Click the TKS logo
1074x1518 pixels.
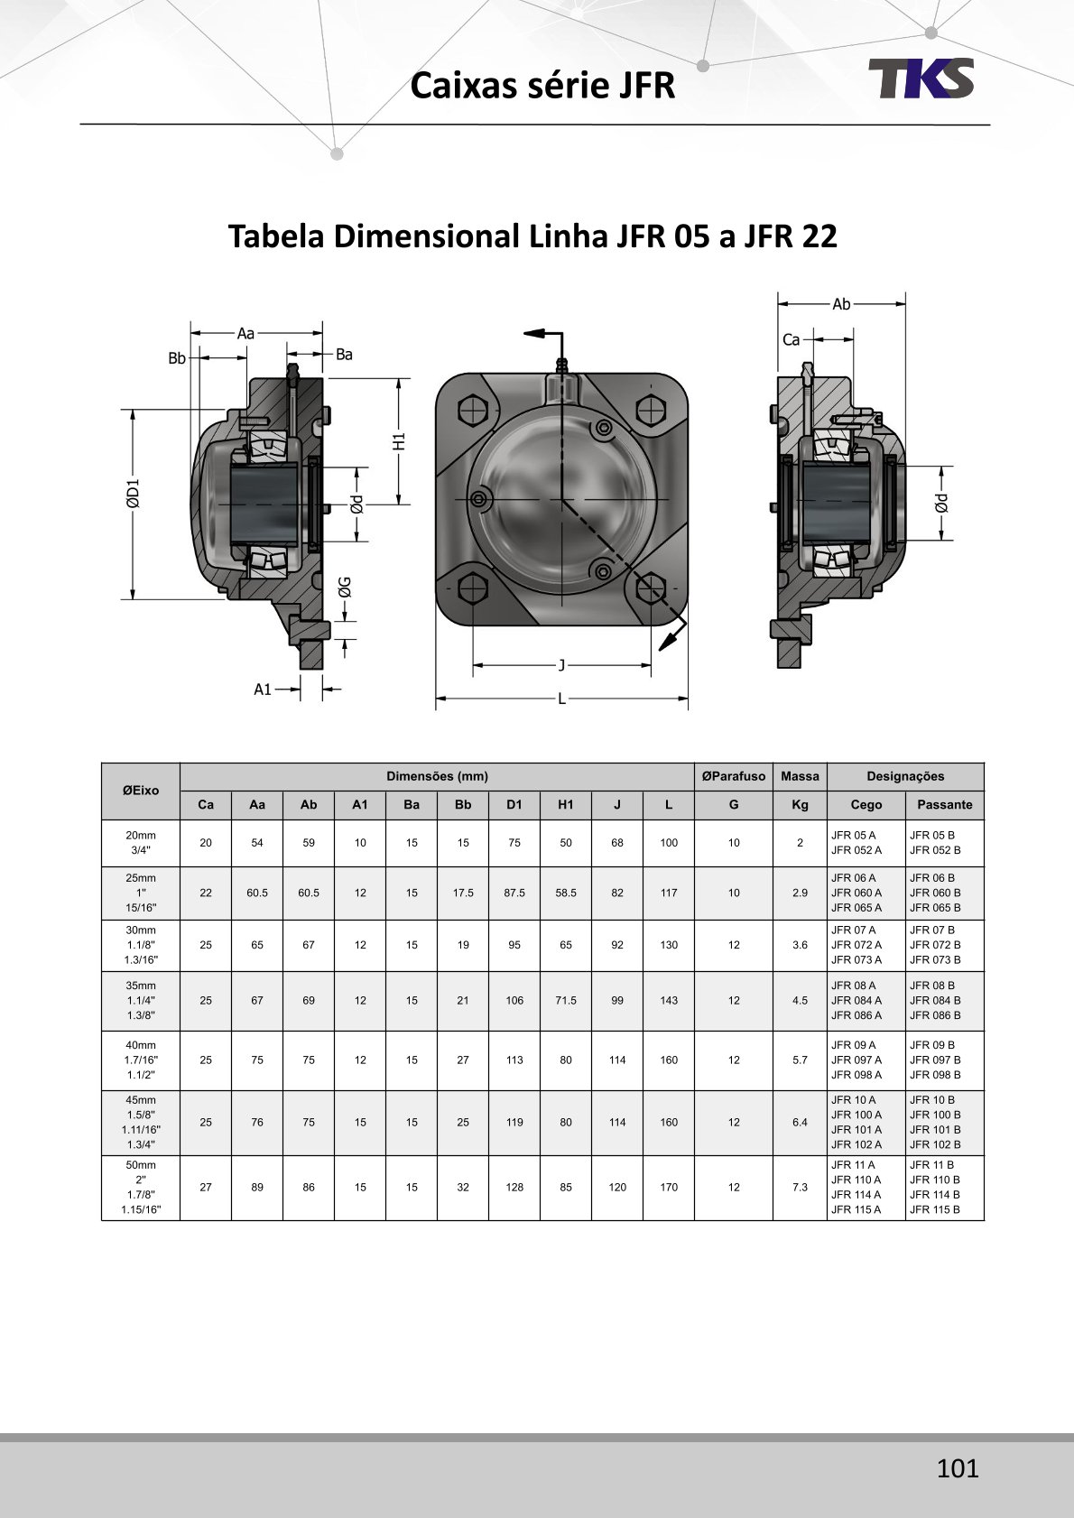921,78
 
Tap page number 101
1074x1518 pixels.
958,1467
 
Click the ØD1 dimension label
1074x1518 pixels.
133,494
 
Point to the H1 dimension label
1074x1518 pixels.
399,442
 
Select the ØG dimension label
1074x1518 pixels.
345,587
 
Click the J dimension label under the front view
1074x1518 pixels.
561,665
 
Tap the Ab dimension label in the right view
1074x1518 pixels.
841,304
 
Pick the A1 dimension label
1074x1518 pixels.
263,690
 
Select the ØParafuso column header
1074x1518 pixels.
733,776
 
